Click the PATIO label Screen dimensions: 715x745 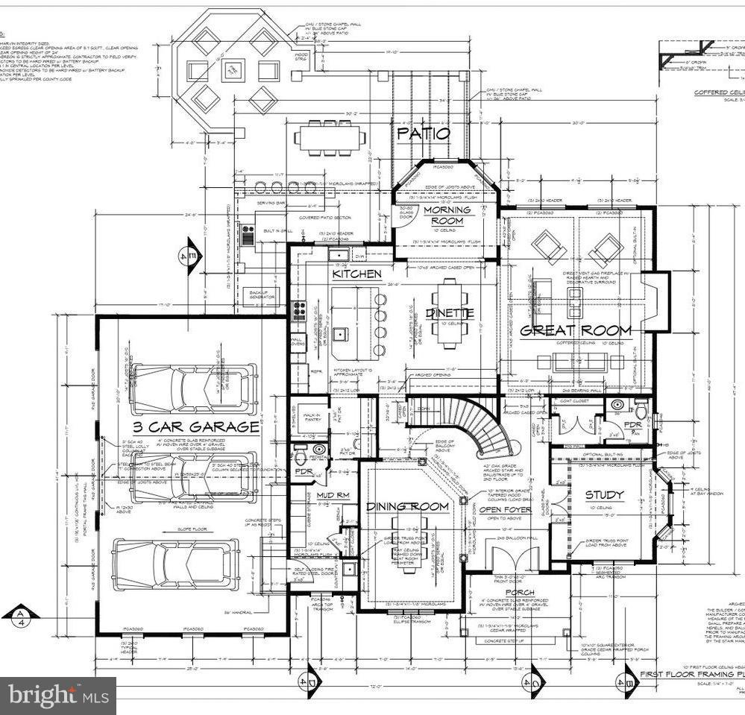point(423,134)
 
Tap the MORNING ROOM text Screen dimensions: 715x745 point(447,215)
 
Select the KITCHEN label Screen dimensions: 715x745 point(356,274)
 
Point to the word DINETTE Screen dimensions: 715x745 point(450,314)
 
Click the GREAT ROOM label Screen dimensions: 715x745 point(575,330)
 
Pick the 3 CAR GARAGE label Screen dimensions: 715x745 point(196,427)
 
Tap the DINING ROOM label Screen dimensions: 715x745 point(407,507)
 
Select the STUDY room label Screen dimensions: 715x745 point(604,495)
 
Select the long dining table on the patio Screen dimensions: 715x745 point(330,137)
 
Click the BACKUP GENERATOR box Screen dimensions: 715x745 point(258,296)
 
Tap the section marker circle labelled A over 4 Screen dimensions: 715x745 point(19,617)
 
